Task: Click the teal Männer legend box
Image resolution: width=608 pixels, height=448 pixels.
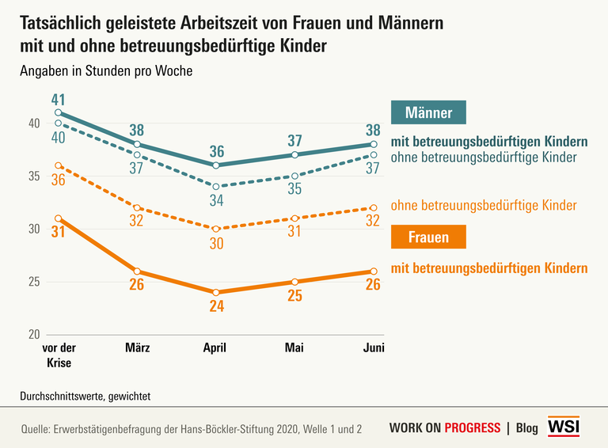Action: coord(429,113)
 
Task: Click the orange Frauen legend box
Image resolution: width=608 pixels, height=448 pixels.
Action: coord(429,237)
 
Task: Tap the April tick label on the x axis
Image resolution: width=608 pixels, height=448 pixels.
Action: coord(215,347)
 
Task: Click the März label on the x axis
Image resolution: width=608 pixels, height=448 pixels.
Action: coord(137,347)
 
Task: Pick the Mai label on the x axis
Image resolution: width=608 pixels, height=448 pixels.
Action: coord(294,347)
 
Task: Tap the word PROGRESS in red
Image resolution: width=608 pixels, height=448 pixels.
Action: coord(473,428)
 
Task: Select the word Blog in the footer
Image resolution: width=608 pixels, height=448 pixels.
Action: coord(526,428)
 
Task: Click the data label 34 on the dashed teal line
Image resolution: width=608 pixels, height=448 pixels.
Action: coord(215,200)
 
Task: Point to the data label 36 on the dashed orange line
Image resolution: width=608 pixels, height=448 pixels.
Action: coord(57,180)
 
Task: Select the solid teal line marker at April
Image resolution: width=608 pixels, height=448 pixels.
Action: coord(215,165)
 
